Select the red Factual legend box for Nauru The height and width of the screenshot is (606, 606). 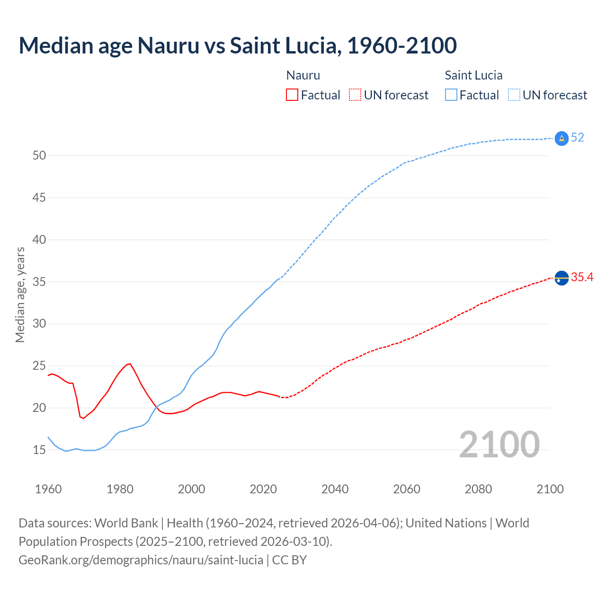click(x=292, y=95)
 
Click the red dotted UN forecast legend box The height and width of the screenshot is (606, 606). click(x=355, y=95)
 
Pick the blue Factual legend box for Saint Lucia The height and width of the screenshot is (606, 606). click(x=451, y=95)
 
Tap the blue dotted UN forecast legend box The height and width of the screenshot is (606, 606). click(x=514, y=95)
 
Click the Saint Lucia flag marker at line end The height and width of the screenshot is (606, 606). click(x=561, y=138)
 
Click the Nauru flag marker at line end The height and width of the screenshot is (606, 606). click(x=561, y=278)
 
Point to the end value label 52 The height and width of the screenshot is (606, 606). click(x=578, y=138)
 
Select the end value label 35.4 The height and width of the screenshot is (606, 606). click(x=582, y=277)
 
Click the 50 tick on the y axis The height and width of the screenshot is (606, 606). click(x=39, y=155)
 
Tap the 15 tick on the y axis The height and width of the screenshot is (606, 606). click(x=39, y=450)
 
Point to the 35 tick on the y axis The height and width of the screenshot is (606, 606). click(x=39, y=282)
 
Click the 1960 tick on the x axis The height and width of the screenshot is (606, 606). click(x=48, y=489)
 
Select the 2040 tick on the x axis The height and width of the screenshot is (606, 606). click(x=335, y=489)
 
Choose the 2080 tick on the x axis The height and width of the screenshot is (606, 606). click(x=478, y=489)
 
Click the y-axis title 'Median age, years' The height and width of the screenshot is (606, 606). click(x=20, y=294)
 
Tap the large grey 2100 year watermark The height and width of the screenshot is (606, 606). click(x=499, y=444)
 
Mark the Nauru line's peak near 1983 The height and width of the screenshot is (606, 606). click(x=130, y=364)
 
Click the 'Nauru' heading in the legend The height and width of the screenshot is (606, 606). click(x=303, y=75)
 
